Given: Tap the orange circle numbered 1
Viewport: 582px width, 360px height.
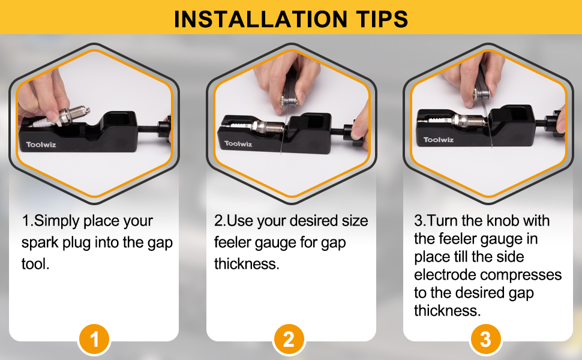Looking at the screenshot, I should point(94,340).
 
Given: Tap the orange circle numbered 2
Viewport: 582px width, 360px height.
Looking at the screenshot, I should point(289,340).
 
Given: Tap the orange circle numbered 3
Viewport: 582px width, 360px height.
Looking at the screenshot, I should point(485,340).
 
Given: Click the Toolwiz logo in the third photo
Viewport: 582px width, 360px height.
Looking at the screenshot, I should point(438,140).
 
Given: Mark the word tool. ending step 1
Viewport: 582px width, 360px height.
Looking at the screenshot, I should point(35,263).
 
